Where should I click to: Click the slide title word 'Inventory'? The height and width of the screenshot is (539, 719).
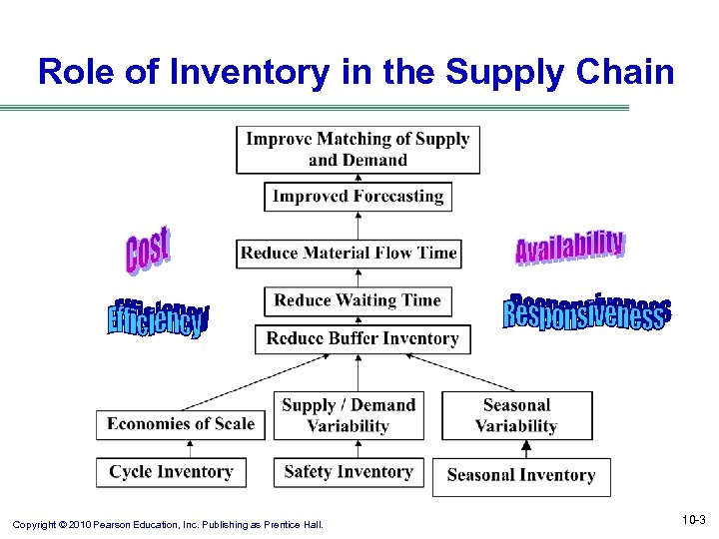217,71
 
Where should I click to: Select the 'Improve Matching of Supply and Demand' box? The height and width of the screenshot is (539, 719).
358,150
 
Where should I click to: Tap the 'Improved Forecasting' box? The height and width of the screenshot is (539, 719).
358,196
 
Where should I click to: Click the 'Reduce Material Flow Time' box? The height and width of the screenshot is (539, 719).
349,253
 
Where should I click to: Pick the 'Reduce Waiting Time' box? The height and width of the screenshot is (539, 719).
357,300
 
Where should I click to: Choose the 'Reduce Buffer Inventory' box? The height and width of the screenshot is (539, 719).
361,338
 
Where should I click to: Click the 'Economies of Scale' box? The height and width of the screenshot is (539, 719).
181,424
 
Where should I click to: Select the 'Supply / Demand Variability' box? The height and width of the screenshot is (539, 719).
348,415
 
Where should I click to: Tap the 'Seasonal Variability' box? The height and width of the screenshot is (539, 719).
516,415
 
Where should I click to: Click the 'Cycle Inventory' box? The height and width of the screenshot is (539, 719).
171,472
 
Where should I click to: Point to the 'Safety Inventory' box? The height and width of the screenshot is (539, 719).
348,472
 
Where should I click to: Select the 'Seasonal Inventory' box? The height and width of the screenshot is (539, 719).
520,475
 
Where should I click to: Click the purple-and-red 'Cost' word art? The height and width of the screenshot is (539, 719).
148,250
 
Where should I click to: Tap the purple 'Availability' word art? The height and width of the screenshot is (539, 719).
569,247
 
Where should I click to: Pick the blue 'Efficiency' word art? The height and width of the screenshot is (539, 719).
158,317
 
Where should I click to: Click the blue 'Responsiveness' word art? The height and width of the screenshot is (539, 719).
586,312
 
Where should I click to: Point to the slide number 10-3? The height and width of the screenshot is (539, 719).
693,520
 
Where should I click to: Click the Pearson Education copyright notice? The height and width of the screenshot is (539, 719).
168,523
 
